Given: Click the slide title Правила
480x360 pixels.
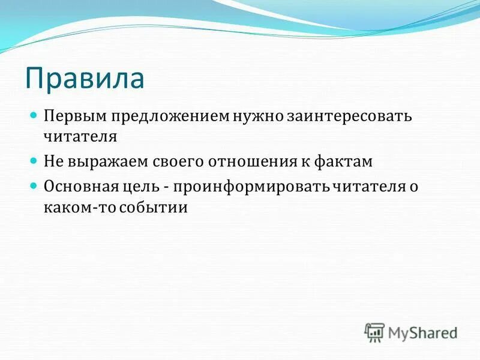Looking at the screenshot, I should [x=85, y=78].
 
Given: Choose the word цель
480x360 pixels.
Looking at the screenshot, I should [x=140, y=187].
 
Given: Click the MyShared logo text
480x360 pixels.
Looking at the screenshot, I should [x=422, y=332].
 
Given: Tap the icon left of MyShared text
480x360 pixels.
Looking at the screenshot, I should [x=374, y=332].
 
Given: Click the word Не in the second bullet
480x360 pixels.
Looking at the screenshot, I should [x=51, y=161].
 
